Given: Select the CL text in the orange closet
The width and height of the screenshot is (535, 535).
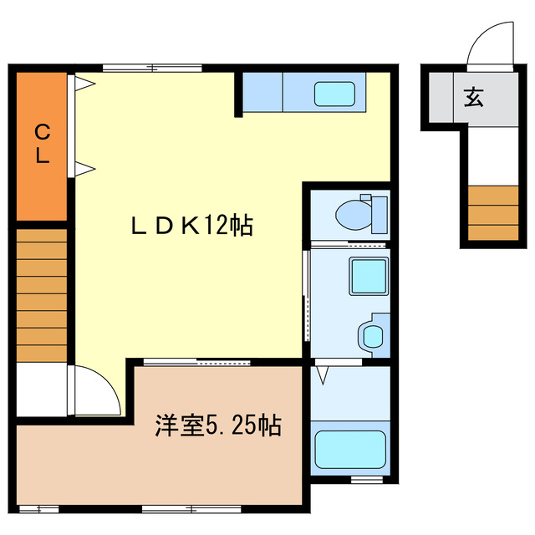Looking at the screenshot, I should point(41,143).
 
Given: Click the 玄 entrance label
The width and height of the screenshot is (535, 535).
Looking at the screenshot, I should point(473,98).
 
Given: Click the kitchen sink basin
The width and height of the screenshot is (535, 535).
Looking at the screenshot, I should point(334,93).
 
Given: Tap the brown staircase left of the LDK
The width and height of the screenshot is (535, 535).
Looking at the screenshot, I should point(42,292).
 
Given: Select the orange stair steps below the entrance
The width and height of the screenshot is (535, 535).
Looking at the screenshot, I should point(492,214).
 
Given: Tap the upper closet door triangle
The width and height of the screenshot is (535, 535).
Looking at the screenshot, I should point(84,83).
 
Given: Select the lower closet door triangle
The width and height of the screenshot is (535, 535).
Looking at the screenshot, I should point(84,168).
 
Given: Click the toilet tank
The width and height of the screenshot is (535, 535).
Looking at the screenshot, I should point(378,213).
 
